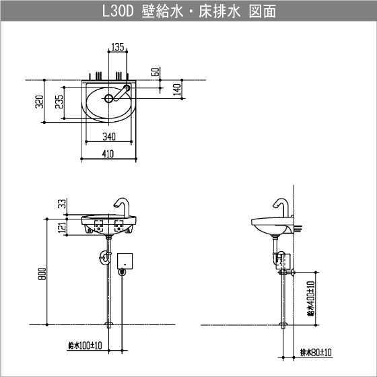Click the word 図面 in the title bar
[x=259, y=12]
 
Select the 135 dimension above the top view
[x=117, y=47]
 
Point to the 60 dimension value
[x=156, y=71]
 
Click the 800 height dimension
[x=41, y=274]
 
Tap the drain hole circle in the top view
[x=108, y=98]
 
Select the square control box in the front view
[x=126, y=260]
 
